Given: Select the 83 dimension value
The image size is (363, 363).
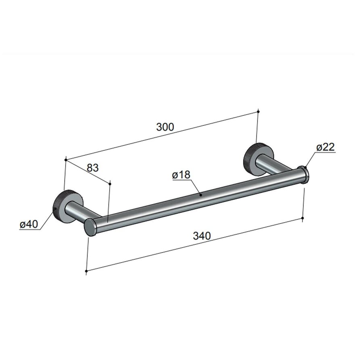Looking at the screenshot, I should coord(92,168).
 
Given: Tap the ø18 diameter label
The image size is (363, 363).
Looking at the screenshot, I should coord(181,175).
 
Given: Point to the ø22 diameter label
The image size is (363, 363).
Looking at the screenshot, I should coord(325,147).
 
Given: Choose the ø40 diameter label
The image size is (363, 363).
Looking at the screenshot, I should coord(29,224).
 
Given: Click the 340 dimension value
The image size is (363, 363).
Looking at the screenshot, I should coord(201,236).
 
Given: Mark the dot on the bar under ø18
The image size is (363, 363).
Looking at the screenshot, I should coord(200,195).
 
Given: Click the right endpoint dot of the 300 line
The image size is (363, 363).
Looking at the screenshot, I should coord(258,111).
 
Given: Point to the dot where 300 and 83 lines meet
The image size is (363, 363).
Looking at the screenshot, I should coord(65,160).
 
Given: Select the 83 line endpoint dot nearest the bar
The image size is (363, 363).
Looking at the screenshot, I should coord(110,183).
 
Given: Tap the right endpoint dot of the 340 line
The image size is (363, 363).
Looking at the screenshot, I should coord(303,218).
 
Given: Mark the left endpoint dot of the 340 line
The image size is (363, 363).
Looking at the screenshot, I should coord(87,271).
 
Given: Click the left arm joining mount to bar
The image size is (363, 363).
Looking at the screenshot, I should coord(87,213).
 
